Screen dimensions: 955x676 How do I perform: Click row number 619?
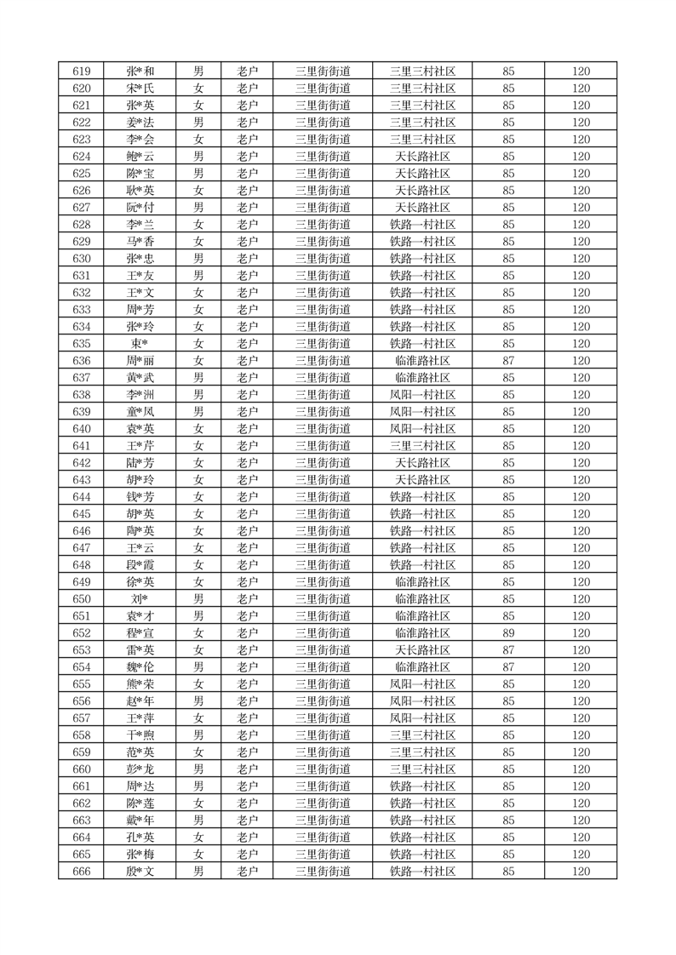(x=82, y=71)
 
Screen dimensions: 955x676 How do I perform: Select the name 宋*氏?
(x=140, y=89)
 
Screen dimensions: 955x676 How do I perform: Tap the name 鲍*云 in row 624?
(x=140, y=157)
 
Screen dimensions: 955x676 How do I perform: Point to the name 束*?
(x=140, y=344)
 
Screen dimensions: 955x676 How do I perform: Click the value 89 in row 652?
(x=508, y=633)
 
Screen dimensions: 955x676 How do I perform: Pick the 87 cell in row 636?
(x=508, y=361)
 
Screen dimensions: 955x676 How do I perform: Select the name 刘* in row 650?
(x=140, y=599)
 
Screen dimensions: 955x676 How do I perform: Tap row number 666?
(x=82, y=872)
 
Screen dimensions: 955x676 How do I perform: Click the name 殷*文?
(x=140, y=872)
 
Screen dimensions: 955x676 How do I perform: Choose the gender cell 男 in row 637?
(x=198, y=378)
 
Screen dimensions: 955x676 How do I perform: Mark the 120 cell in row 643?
(x=581, y=480)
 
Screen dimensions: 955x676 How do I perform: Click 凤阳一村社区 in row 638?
(x=422, y=395)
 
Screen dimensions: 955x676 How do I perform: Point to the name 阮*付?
(x=140, y=208)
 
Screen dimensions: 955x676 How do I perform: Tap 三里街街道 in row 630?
(x=323, y=259)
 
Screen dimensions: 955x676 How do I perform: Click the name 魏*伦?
(x=140, y=667)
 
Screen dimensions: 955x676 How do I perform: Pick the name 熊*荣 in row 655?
(x=140, y=684)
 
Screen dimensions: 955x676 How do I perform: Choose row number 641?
(x=82, y=446)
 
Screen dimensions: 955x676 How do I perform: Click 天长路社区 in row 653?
(x=422, y=650)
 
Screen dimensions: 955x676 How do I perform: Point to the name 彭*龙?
(x=140, y=769)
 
